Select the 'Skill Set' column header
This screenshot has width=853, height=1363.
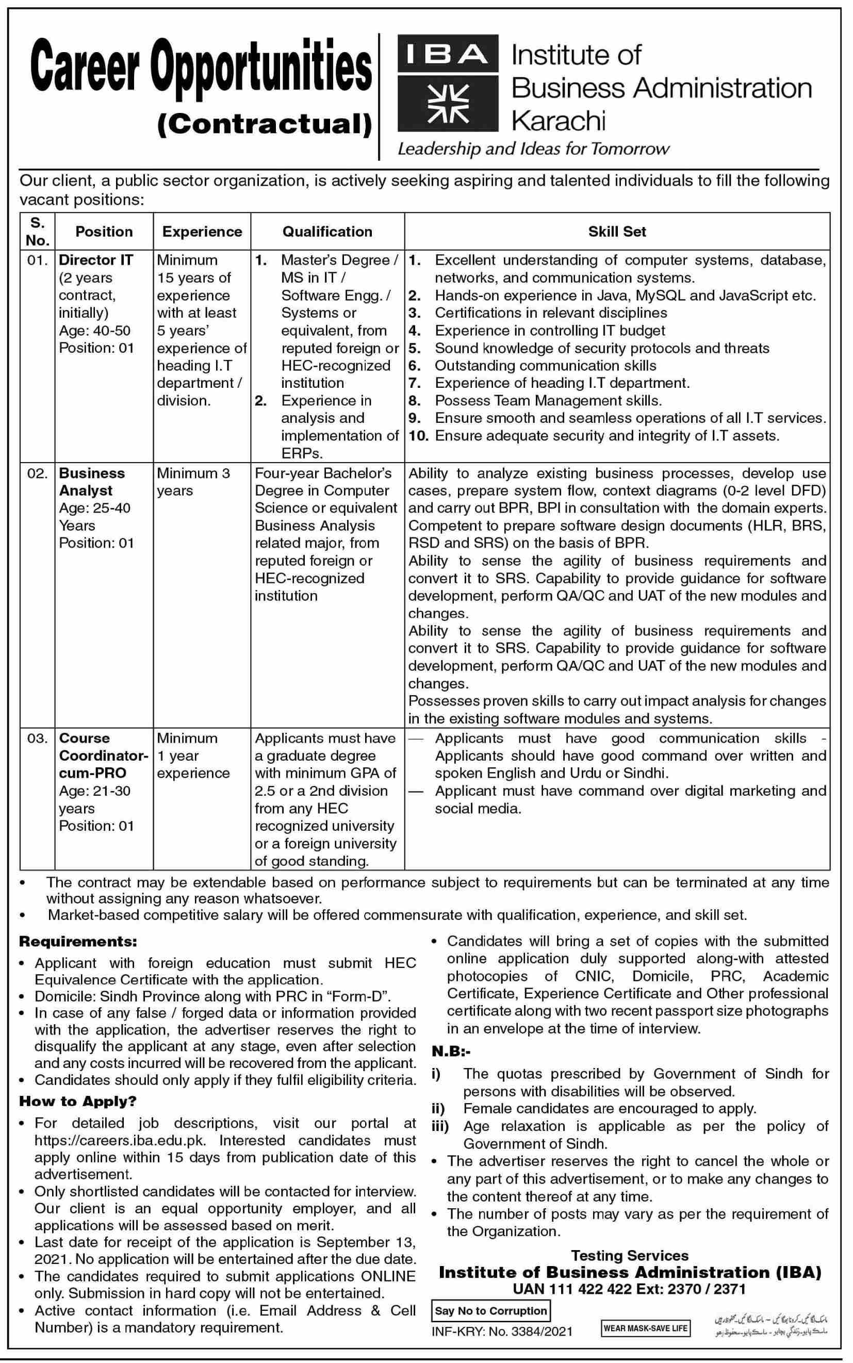[x=617, y=232]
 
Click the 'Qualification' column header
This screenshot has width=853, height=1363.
[x=327, y=232]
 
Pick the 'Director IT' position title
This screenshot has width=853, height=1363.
[x=96, y=260]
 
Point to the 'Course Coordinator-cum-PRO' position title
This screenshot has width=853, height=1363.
[x=103, y=756]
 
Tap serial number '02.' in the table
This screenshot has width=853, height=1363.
[x=37, y=473]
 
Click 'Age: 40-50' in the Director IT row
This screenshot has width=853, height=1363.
[x=95, y=331]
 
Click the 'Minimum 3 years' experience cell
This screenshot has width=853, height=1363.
[x=193, y=482]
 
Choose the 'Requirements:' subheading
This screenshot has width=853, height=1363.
[x=78, y=942]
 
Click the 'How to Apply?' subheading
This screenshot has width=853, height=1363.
[x=78, y=1101]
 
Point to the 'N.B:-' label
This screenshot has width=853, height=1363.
[x=451, y=1051]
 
